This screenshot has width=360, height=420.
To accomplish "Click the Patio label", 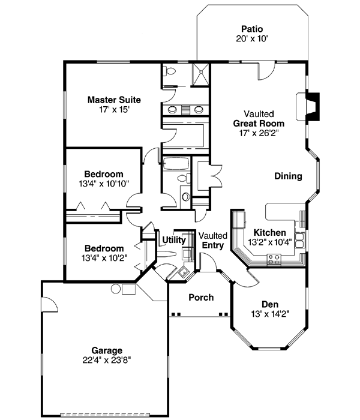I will pos(252,28).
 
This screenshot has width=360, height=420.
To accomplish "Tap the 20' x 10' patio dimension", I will pos(252,38).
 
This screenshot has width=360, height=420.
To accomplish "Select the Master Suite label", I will pos(114,100).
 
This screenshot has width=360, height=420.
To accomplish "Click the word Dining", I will pos(288,176).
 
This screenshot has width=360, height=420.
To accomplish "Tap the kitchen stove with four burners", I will pos(274,259).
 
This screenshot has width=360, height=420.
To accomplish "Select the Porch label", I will pos(201,298).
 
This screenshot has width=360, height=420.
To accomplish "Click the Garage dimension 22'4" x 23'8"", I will pos(107,360).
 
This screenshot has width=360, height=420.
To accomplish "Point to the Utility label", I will pos(173,240).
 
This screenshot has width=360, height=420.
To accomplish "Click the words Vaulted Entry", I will pos(212,240).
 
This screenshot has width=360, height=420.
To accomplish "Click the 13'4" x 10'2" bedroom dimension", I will pos(104,258).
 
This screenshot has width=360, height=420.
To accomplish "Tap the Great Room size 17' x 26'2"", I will pos(259,133).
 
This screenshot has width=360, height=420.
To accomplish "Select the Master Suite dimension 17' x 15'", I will pos(114,110).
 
